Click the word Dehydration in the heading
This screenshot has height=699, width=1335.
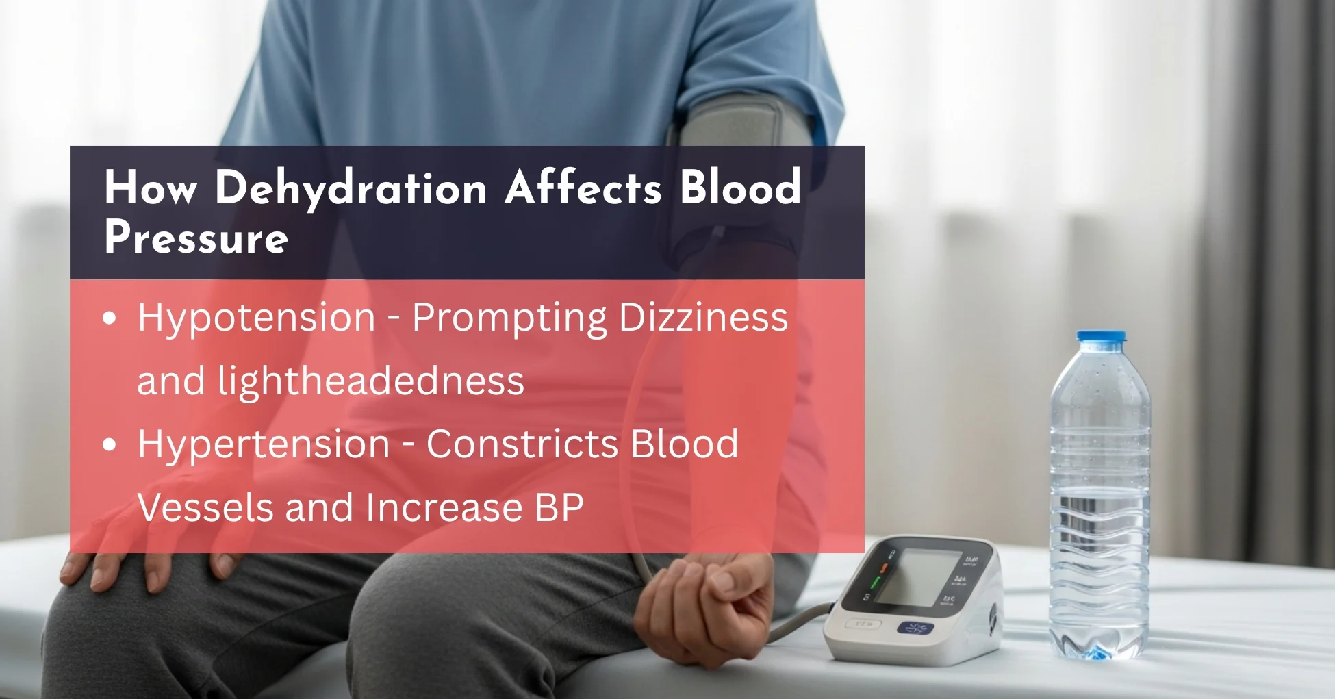point(351,189)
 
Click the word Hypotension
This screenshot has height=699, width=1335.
point(257,319)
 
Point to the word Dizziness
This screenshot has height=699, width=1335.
point(703,318)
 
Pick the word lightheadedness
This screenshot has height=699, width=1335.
point(370,381)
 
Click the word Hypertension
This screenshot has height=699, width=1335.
point(264,445)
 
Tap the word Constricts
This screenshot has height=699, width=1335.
point(522,444)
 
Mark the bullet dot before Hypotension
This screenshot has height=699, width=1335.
point(110,318)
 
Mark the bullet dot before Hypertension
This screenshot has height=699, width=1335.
point(110,444)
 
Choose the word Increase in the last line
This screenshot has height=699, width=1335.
point(444,507)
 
